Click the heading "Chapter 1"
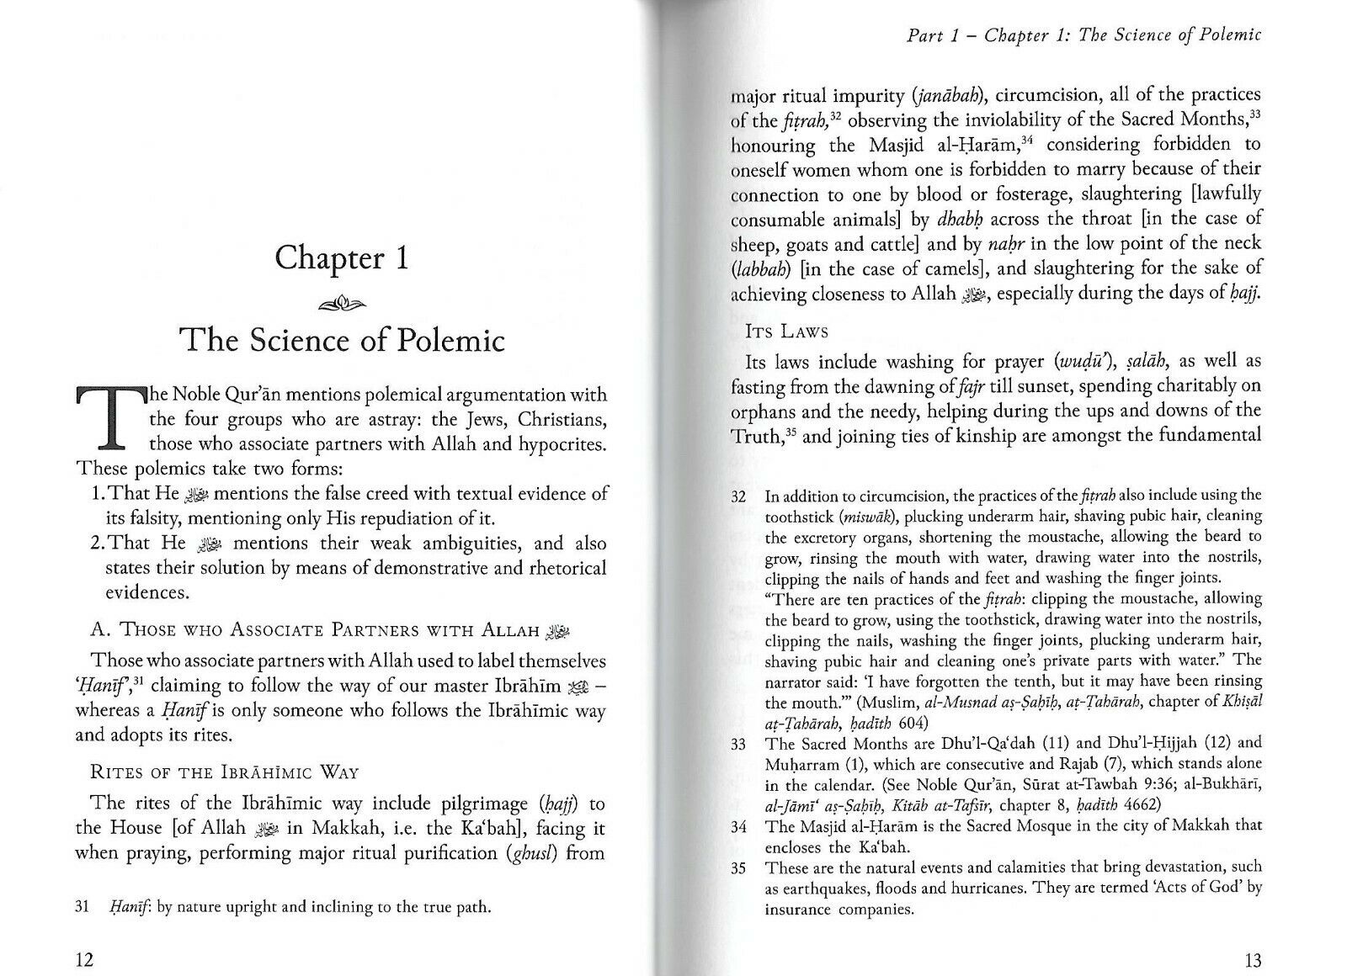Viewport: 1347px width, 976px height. pyautogui.click(x=342, y=257)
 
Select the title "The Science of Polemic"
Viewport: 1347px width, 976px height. pyautogui.click(x=342, y=341)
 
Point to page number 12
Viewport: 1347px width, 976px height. pyautogui.click(x=84, y=960)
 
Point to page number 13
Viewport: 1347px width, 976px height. pyautogui.click(x=1251, y=960)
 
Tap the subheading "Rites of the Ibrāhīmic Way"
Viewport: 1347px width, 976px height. pyautogui.click(x=224, y=772)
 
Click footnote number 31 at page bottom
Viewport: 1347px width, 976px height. pyautogui.click(x=83, y=907)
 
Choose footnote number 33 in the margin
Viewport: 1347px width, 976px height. pyautogui.click(x=739, y=744)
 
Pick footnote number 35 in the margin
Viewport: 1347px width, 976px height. pyautogui.click(x=739, y=868)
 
